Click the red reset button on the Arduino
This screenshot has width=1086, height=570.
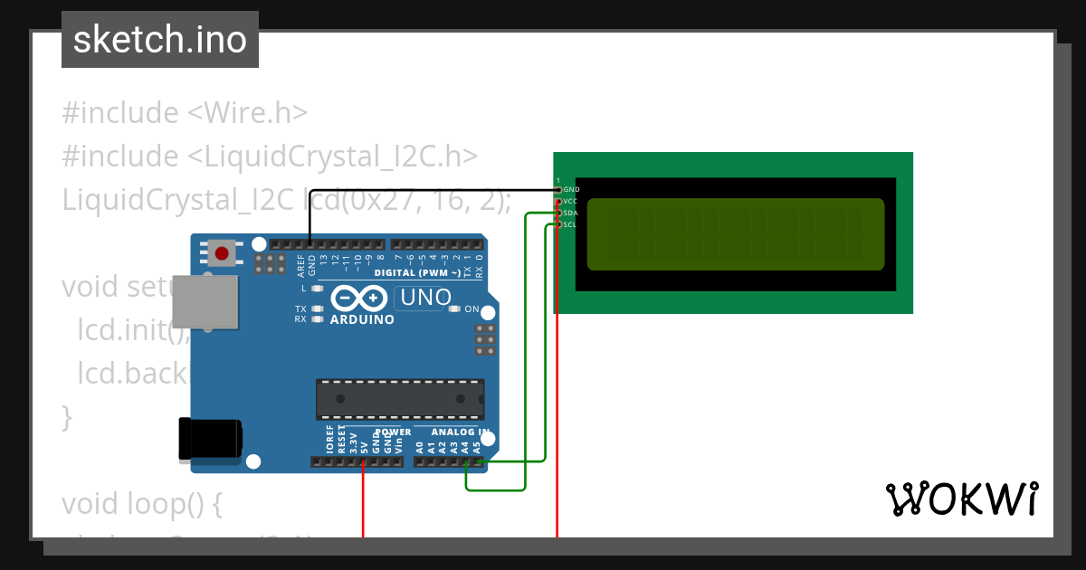click(222, 252)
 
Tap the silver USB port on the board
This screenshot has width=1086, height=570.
click(205, 301)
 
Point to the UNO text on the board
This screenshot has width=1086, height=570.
click(425, 298)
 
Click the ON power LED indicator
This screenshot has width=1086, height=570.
click(455, 309)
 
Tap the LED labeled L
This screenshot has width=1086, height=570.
click(317, 289)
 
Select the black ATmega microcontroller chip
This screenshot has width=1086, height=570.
click(399, 399)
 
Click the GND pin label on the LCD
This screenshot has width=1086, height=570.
click(571, 190)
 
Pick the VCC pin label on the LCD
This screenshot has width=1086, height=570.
click(571, 201)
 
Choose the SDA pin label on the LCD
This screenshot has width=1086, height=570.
click(571, 213)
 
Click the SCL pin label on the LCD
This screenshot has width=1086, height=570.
click(571, 224)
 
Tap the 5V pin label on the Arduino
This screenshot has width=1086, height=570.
click(364, 445)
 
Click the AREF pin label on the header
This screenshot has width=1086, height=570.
click(300, 264)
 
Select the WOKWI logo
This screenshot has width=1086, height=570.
click(961, 499)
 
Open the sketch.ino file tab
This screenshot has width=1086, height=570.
click(160, 40)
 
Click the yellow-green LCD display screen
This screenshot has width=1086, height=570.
click(735, 234)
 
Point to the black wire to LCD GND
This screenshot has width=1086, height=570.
click(434, 190)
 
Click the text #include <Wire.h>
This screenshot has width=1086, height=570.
click(185, 113)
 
